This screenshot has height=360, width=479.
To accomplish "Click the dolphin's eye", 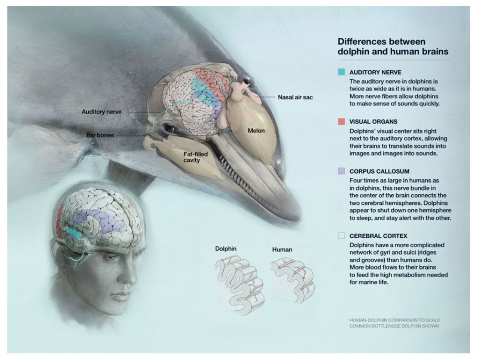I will tap(170, 128).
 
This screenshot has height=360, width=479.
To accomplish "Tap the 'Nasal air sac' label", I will tap(295, 97).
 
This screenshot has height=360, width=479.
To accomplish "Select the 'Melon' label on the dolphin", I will tap(256, 131).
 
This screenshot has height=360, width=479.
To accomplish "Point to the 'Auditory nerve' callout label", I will tap(101, 112).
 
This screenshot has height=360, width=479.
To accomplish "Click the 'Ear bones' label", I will tap(100, 135).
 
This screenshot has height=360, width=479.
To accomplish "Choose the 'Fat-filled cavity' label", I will tap(195, 157).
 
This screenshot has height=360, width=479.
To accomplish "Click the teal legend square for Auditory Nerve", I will tap(341, 72).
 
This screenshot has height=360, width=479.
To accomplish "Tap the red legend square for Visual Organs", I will tap(341, 121).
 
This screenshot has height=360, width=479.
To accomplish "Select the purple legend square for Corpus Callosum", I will tap(341, 171).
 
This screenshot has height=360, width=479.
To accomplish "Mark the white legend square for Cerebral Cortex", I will tap(341, 236).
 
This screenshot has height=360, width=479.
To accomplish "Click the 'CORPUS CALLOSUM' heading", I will tap(379, 171).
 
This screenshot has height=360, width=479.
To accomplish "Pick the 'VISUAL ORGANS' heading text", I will tap(373, 122).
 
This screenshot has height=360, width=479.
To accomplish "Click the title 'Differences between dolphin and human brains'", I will tap(393, 46).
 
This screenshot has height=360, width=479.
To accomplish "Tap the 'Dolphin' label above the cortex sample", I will tap(226, 248).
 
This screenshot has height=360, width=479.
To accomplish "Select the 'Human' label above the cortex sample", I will tap(282, 249).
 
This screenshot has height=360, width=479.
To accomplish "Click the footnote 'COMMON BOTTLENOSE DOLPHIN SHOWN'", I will tap(394, 326).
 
